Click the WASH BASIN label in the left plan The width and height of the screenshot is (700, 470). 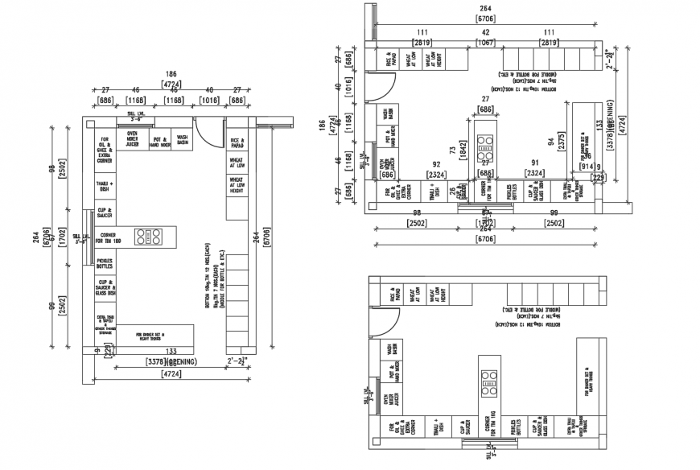[x=183, y=140]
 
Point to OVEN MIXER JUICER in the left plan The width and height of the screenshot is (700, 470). [x=133, y=140]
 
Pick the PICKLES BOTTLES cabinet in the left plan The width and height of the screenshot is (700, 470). [x=105, y=263]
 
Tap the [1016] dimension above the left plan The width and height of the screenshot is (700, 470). [x=208, y=101]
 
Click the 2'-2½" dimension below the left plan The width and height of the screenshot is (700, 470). [x=239, y=362]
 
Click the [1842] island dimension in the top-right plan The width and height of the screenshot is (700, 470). [x=463, y=159]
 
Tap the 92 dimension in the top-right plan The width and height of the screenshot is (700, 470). [x=437, y=164]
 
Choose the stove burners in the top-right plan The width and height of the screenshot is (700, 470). [x=484, y=143]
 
